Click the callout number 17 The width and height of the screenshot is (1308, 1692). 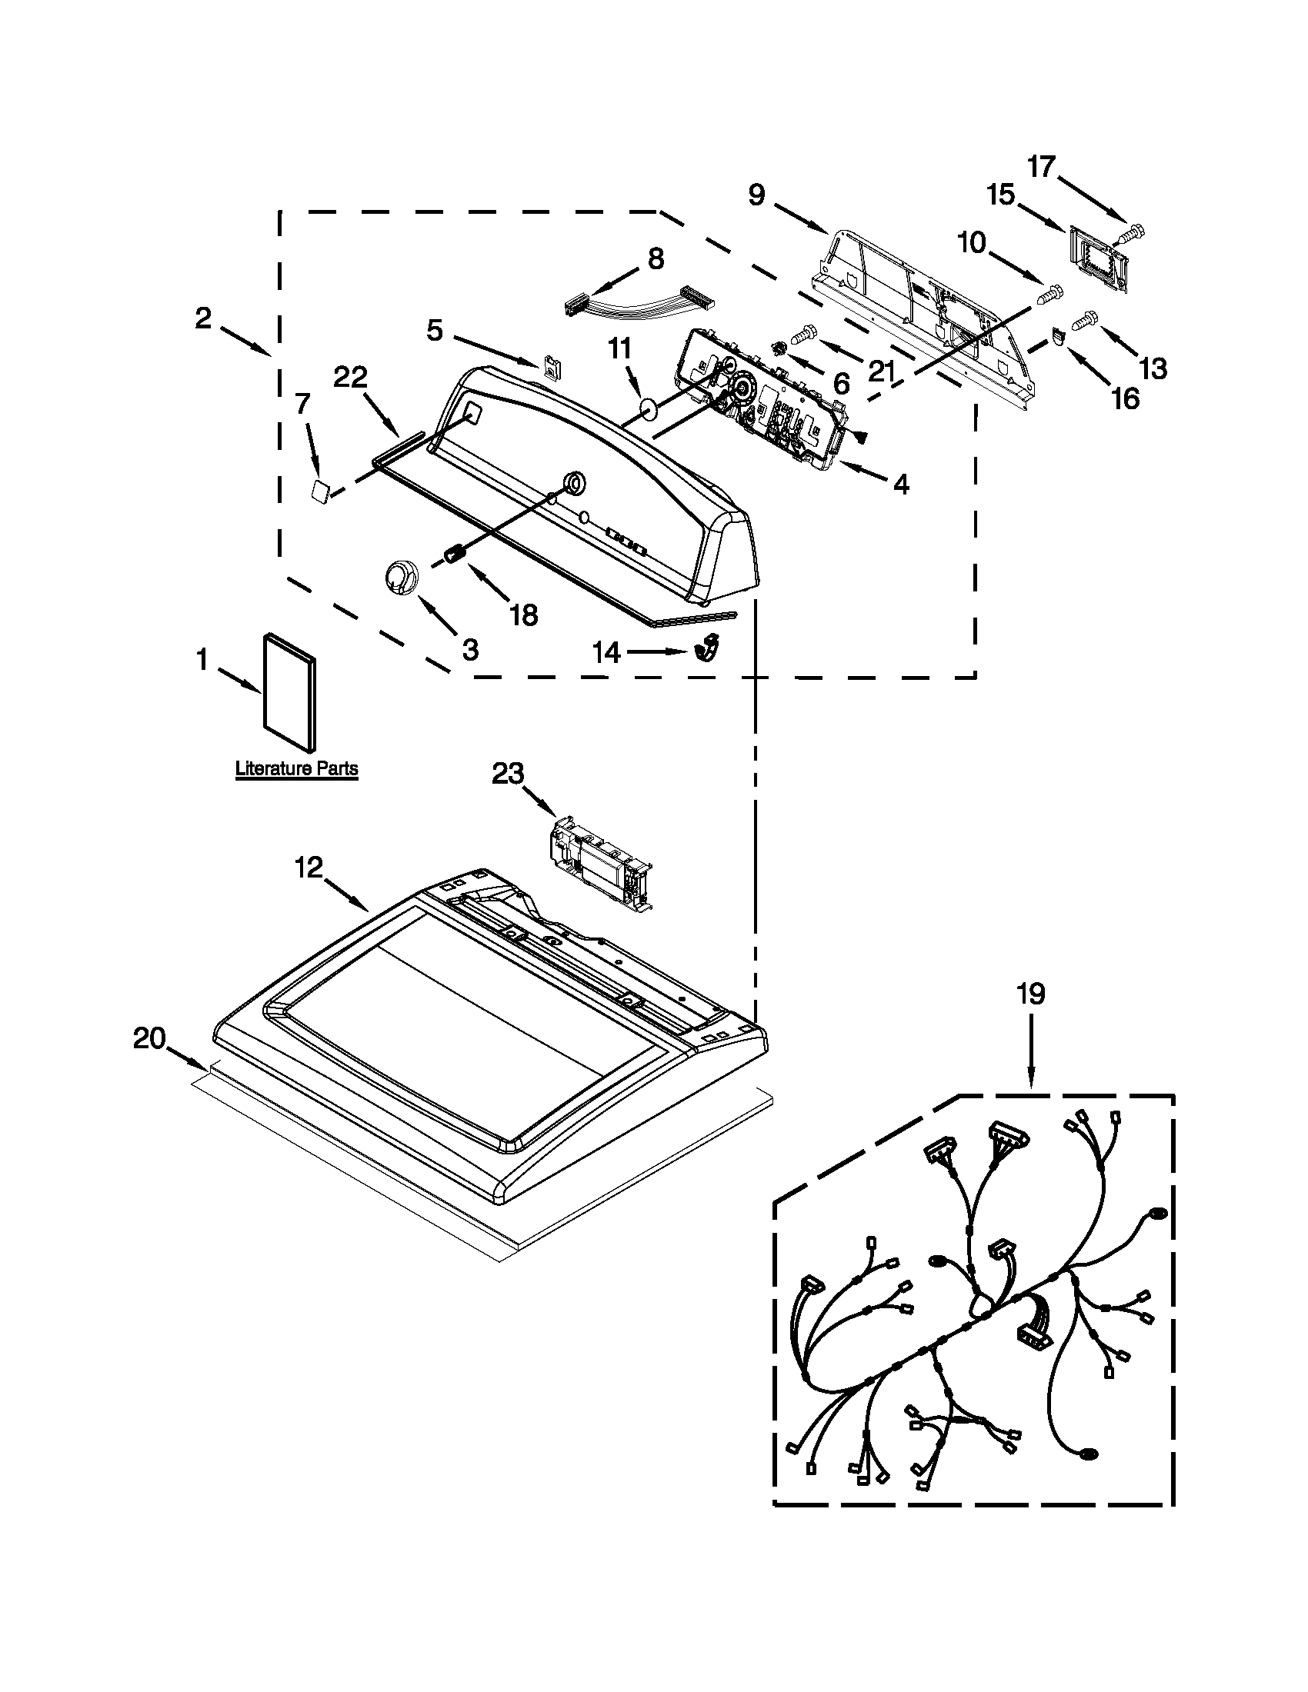click(x=1041, y=166)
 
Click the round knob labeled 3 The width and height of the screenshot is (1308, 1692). click(x=402, y=576)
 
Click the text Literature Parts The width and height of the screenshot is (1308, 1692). click(x=297, y=768)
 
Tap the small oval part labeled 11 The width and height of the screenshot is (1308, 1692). click(x=649, y=408)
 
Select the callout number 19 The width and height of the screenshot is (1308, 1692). click(x=1030, y=994)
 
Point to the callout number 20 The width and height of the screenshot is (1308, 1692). click(x=149, y=1038)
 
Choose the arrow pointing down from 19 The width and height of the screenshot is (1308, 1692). click(x=1030, y=1052)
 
